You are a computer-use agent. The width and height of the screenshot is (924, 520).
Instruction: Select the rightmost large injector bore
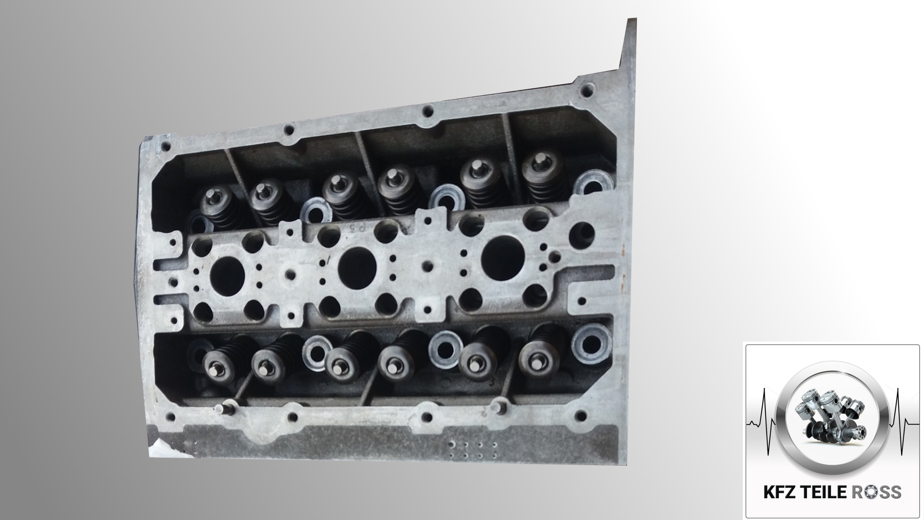[503, 256]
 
